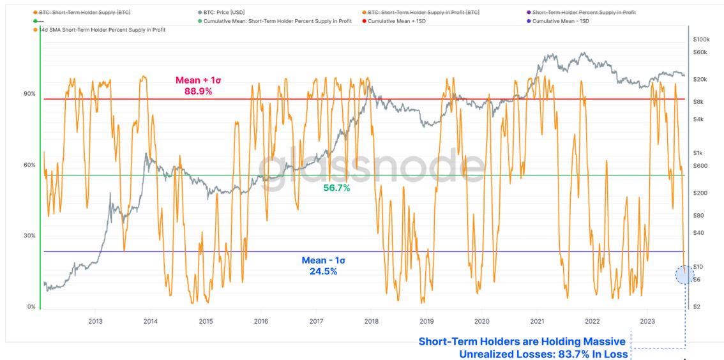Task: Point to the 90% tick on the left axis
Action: pos(30,94)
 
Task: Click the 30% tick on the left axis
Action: pos(30,236)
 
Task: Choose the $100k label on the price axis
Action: pos(702,40)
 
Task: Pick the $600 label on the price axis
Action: pos(700,166)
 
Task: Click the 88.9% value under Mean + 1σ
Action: pos(198,91)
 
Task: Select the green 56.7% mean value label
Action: pos(336,188)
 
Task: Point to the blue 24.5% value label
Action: pos(323,271)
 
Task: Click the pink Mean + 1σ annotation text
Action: pos(198,80)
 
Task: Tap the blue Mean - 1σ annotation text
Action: pos(323,260)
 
